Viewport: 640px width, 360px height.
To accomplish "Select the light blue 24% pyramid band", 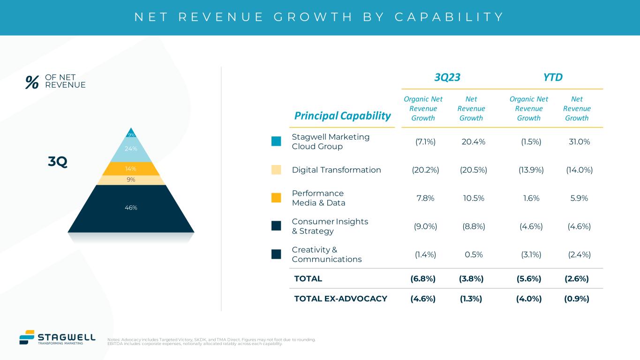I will click(x=131, y=150).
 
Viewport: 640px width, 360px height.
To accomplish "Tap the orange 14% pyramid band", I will click(x=131, y=169).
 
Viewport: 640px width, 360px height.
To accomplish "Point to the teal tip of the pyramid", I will click(x=131, y=134).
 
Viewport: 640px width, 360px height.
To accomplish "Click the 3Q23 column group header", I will click(x=447, y=77).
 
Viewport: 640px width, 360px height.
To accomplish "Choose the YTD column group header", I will click(x=553, y=77).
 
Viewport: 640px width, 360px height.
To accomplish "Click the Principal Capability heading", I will click(x=342, y=116).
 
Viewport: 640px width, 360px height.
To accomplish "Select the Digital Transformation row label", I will click(x=336, y=170).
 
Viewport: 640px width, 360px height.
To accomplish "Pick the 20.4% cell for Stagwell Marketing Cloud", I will click(x=471, y=142).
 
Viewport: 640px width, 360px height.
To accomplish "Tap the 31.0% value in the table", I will click(x=579, y=142).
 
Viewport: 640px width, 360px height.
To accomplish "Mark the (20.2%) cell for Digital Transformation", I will click(x=425, y=170).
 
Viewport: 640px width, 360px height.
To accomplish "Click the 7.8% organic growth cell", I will click(x=425, y=198).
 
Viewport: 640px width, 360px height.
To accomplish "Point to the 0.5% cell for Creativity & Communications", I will click(x=471, y=255).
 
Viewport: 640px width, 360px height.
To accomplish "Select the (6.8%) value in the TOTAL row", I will click(x=423, y=278).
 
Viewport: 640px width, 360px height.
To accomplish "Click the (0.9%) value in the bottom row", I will click(x=577, y=299).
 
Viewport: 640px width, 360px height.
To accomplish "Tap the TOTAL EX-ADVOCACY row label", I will click(x=340, y=299).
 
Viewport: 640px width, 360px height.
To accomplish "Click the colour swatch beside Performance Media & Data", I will click(x=276, y=198).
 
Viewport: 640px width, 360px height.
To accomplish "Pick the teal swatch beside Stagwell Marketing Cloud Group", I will click(x=276, y=142).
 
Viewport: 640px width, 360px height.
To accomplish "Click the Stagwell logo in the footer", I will click(x=57, y=337).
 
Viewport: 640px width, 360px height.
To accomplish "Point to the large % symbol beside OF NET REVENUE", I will click(x=32, y=82).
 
